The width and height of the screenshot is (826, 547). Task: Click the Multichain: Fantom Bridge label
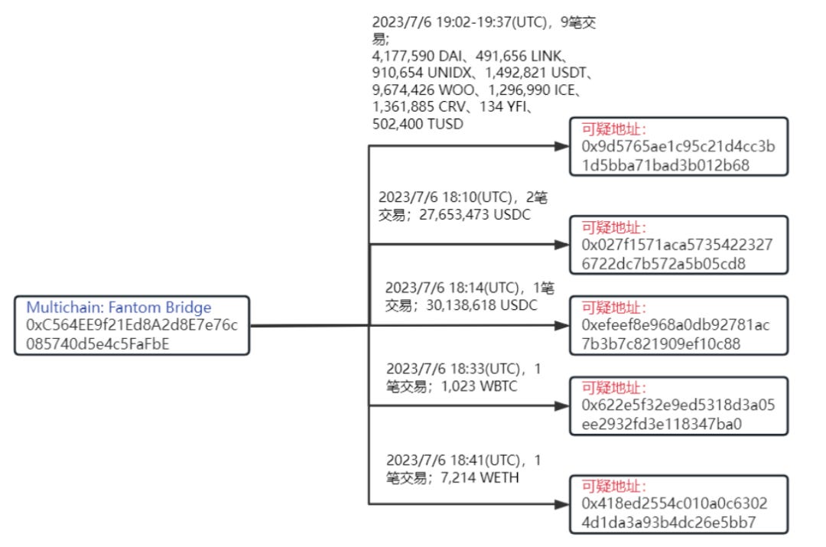tap(119, 308)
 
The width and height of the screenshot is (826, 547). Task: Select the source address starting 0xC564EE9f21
tap(132, 334)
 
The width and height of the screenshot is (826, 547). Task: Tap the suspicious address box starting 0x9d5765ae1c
tap(678, 148)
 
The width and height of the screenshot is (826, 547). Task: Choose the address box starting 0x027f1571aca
tap(678, 246)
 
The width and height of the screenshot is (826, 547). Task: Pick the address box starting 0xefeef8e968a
tap(678, 326)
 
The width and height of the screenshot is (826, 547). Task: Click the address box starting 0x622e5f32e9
tap(678, 406)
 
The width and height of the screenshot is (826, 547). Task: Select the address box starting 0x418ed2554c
tap(678, 504)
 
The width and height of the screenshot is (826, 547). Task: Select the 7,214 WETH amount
tap(476, 479)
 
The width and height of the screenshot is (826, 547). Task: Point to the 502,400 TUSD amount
tap(418, 124)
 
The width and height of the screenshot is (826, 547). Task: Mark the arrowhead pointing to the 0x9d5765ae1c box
tap(564, 145)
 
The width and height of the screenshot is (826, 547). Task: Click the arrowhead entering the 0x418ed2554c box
tap(564, 503)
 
